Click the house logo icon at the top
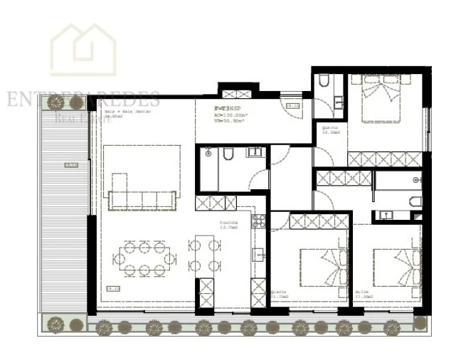[84, 49]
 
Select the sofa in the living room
[142, 199]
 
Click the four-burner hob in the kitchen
[258, 221]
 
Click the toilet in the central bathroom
[228, 154]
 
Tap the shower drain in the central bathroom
[206, 152]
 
